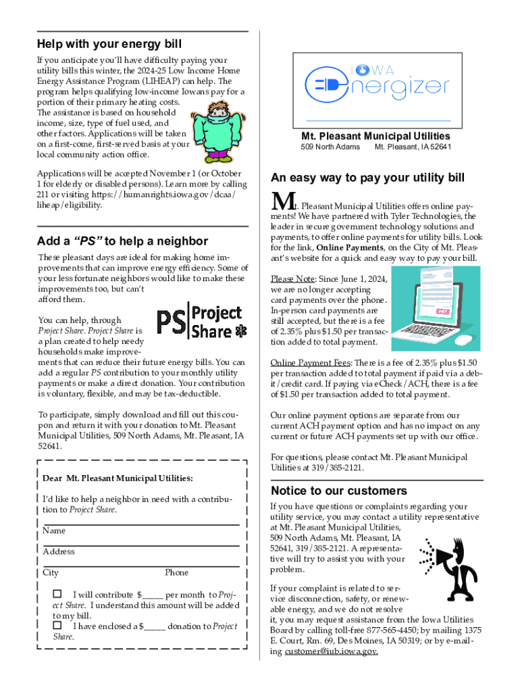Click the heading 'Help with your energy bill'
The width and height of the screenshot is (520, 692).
tap(109, 45)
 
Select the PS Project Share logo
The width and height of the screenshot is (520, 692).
tap(203, 322)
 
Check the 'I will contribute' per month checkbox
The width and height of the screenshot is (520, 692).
tap(57, 594)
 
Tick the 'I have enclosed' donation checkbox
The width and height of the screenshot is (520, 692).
tap(57, 625)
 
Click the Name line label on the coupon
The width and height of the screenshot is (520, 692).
tap(53, 531)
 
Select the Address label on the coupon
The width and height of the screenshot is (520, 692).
tap(58, 552)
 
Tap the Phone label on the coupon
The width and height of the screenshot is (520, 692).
tap(176, 573)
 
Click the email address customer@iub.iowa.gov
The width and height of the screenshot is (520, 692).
tap(331, 651)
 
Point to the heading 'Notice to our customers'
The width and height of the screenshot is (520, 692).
tap(338, 491)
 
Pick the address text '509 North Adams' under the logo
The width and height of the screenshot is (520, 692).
tap(330, 147)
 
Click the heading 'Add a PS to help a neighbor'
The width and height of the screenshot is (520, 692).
tap(123, 241)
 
